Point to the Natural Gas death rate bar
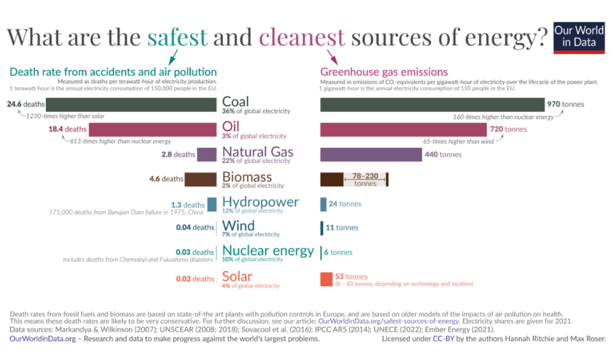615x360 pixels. [x=207, y=154]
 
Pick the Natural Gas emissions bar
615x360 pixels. [x=371, y=154]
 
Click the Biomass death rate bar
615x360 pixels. [x=200, y=179]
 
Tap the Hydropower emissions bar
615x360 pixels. [x=323, y=204]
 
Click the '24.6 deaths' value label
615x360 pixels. [x=26, y=104]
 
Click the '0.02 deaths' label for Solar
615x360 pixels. [x=195, y=279]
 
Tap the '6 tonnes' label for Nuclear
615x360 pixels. [x=338, y=252]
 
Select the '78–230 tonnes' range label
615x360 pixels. [x=365, y=179]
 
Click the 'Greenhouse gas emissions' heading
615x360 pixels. [x=384, y=72]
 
